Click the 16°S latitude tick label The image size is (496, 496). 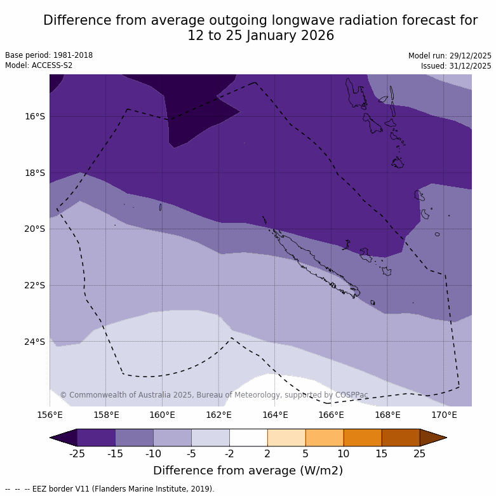[35, 116]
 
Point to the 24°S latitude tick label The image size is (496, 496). [35, 342]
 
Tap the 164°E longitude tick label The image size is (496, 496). [275, 415]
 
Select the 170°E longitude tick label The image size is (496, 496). [444, 415]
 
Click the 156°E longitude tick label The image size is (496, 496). [50, 415]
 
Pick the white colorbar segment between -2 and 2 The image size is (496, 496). [248, 438]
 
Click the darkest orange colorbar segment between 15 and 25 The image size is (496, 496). [401, 438]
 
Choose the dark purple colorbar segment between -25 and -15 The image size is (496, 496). [96, 438]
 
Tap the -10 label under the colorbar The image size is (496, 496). [153, 453]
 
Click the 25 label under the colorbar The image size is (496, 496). [420, 453]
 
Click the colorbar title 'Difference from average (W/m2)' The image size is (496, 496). [248, 471]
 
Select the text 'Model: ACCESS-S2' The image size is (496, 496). [39, 65]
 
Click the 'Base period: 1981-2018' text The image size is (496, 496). [49, 55]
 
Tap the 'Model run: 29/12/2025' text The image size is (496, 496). [450, 56]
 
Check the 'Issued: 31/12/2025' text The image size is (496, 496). [456, 66]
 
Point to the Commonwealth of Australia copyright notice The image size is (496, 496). [214, 395]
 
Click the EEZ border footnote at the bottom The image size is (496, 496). [110, 489]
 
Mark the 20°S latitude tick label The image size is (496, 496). [35, 229]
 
